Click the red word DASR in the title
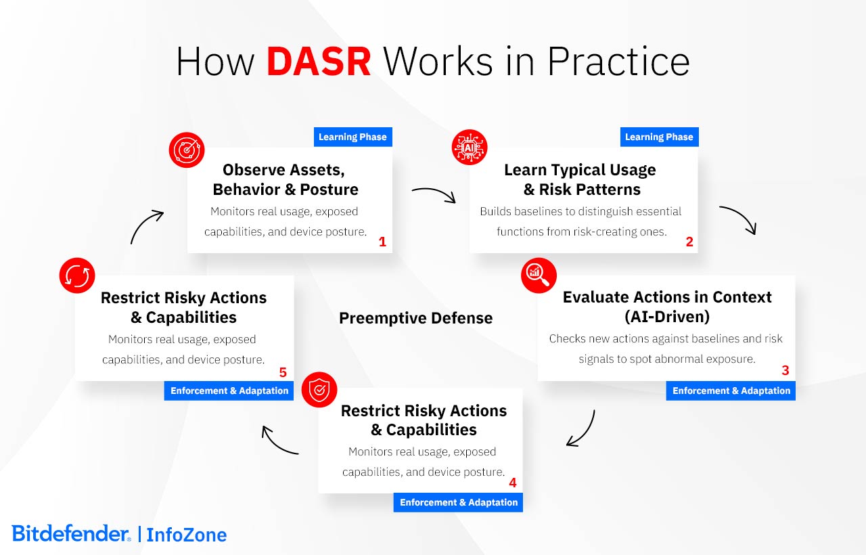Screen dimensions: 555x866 click(319, 62)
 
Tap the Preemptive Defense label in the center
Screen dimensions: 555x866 click(415, 318)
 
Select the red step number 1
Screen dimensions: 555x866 click(382, 242)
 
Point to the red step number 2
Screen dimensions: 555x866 click(689, 242)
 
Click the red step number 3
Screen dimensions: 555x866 click(785, 370)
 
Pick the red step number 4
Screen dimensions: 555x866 click(512, 483)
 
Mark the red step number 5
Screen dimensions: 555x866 click(283, 372)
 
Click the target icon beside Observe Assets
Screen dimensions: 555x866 click(186, 150)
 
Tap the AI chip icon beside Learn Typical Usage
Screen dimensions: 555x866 click(470, 147)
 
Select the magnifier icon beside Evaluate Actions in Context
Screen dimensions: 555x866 click(539, 275)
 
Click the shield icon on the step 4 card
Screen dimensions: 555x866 click(319, 390)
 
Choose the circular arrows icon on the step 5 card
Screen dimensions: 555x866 click(77, 275)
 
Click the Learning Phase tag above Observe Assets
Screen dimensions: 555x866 click(352, 137)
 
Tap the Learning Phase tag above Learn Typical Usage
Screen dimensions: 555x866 click(659, 137)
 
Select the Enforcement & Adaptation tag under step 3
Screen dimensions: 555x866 click(731, 391)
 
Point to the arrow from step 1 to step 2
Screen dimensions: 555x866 click(434, 194)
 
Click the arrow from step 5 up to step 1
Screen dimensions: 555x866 click(147, 227)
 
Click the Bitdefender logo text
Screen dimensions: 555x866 click(70, 533)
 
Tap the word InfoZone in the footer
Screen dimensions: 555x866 click(186, 535)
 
